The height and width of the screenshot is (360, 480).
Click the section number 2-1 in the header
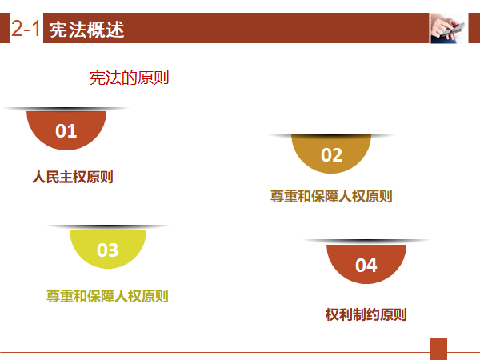coord(26,28)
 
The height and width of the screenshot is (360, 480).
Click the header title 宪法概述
coord(87,30)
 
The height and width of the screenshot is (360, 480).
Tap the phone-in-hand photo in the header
coord(448,28)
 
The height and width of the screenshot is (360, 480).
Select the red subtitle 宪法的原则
coord(129,78)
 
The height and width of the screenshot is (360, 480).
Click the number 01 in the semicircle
coord(66,131)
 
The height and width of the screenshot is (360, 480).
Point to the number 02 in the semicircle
coord(331,155)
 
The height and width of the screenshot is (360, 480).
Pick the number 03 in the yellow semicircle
coord(108,250)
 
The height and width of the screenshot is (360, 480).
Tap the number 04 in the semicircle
coord(366,265)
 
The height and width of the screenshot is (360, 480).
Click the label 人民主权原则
coord(73,177)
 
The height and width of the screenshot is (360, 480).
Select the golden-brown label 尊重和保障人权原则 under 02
coord(331,196)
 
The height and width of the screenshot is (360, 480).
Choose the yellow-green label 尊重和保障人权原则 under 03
coord(107,296)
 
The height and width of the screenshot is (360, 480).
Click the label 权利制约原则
coord(366,314)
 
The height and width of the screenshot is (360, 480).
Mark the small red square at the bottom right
coord(438,349)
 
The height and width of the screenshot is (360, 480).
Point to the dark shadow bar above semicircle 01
coord(66,109)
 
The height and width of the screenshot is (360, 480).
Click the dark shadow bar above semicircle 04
coord(366,242)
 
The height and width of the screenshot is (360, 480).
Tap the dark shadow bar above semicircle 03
coord(108,227)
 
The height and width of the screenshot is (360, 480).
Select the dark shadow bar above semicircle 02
coord(331,136)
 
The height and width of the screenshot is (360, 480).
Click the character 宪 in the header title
coord(58,30)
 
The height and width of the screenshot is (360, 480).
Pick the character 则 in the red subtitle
coord(162,78)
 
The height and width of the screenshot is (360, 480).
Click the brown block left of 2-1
coord(5,28)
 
